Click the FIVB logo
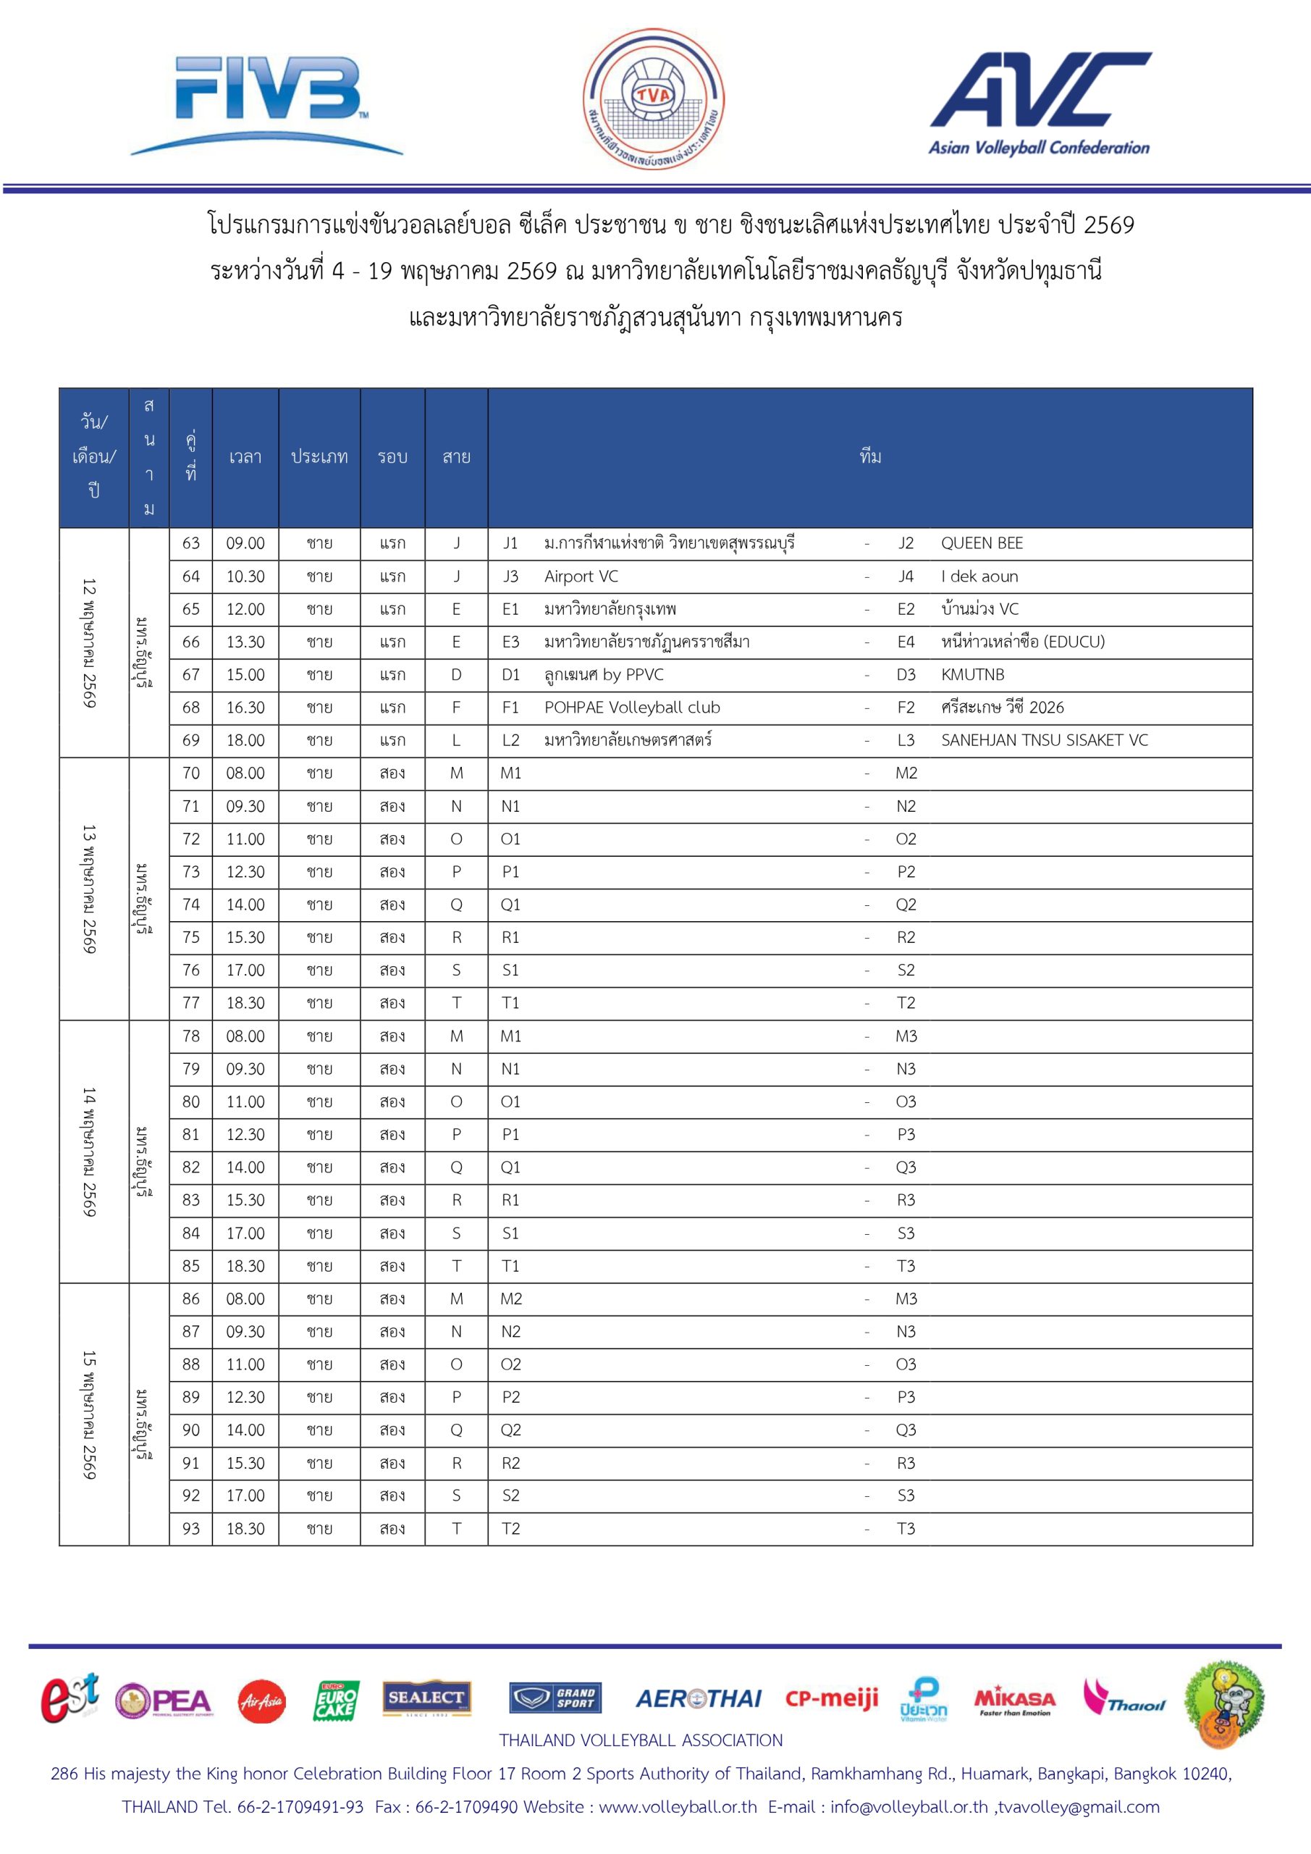[x=266, y=103]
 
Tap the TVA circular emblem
[x=653, y=99]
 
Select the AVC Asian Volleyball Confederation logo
[x=1040, y=103]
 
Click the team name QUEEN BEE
[x=982, y=543]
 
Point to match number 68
[x=190, y=708]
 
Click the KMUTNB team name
[x=972, y=674]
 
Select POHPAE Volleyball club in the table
[x=631, y=708]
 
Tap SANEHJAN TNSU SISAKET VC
[x=1044, y=740]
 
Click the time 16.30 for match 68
[x=245, y=708]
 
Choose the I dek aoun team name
[x=979, y=576]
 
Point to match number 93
[x=190, y=1529]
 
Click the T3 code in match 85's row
[x=906, y=1266]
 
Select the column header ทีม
[x=870, y=457]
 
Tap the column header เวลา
[x=245, y=457]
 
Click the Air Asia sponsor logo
[x=261, y=1702]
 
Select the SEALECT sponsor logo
[x=426, y=1698]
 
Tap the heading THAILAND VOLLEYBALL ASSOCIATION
[x=640, y=1741]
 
